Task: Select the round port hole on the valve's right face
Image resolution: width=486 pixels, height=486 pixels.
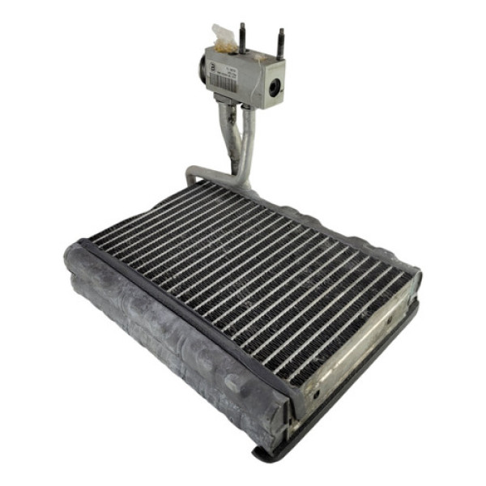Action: pos(275,87)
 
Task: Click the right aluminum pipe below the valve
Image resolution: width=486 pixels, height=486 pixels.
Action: pos(245,142)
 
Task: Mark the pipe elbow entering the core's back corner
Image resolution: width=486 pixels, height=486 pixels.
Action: pos(194,174)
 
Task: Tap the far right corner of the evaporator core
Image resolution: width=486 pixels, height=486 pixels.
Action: pos(416,275)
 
